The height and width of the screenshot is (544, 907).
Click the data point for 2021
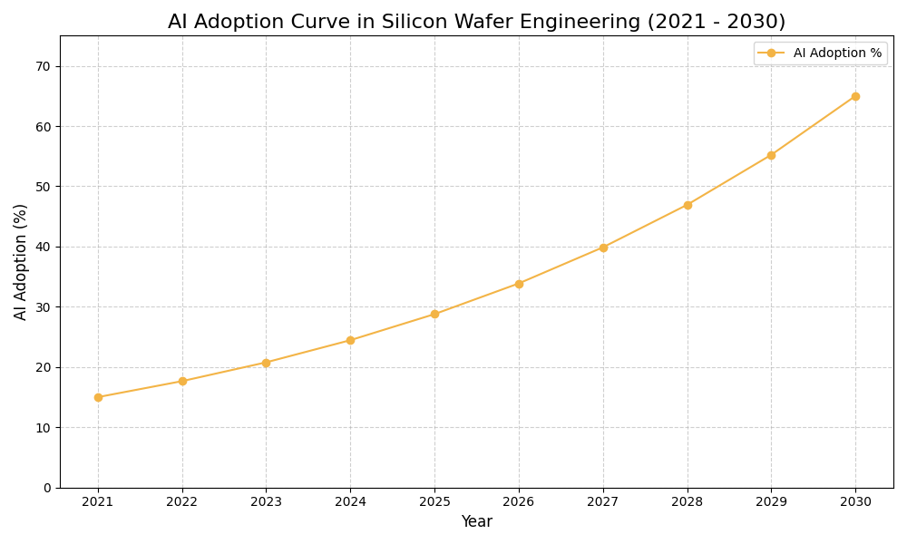tap(98, 397)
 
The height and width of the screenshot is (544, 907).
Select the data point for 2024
tap(350, 340)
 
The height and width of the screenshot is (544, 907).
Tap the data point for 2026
tap(519, 284)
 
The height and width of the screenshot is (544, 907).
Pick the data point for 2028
tap(688, 205)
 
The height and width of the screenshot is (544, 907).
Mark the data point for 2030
tap(855, 96)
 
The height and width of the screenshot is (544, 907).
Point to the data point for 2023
tap(266, 363)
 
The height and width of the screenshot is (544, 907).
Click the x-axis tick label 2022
tap(182, 502)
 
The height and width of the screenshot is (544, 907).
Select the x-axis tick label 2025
tap(434, 502)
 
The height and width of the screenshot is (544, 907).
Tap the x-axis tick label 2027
tap(603, 502)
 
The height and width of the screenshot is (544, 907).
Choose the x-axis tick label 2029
tap(771, 502)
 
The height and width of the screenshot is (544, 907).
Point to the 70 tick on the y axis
tap(44, 66)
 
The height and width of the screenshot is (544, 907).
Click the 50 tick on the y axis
tap(44, 187)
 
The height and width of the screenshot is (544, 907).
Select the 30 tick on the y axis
tap(44, 307)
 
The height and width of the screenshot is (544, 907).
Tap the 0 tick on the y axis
tap(47, 488)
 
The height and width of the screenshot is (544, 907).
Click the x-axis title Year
tap(476, 522)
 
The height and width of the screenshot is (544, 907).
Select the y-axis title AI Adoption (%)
tap(21, 261)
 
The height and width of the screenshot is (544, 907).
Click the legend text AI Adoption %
tap(837, 53)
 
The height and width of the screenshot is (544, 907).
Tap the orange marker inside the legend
tap(771, 53)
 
